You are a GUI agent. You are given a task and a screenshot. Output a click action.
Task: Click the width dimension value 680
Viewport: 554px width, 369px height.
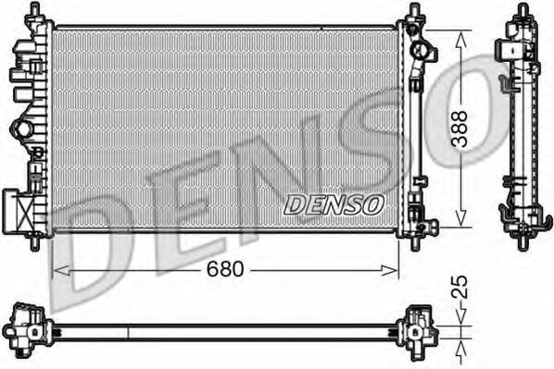pyautogui.click(x=224, y=270)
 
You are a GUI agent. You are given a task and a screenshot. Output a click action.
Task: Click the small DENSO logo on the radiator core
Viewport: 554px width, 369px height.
pyautogui.click(x=331, y=204)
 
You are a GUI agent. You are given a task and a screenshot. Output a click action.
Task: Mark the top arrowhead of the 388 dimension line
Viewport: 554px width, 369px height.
pyautogui.click(x=460, y=33)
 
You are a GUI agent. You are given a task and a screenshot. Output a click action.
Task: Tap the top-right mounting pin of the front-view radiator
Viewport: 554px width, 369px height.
pyautogui.click(x=411, y=10)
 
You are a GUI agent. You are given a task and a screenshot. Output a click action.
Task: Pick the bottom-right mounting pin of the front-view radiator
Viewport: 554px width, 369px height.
pyautogui.click(x=411, y=242)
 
